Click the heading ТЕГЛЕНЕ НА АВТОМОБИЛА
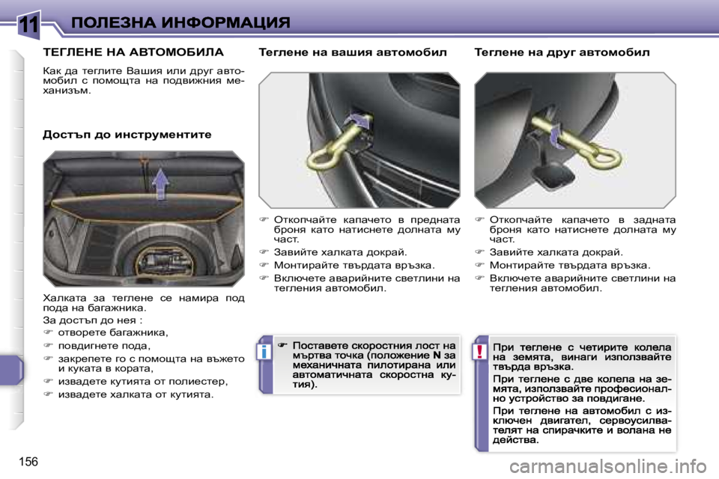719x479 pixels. tap(134, 53)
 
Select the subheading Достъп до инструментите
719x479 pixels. tap(127, 135)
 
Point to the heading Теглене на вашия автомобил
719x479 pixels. tap(352, 53)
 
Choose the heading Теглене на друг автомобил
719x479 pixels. tap(562, 53)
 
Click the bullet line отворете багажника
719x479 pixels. tap(112, 332)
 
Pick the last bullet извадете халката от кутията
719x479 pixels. tap(135, 394)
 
